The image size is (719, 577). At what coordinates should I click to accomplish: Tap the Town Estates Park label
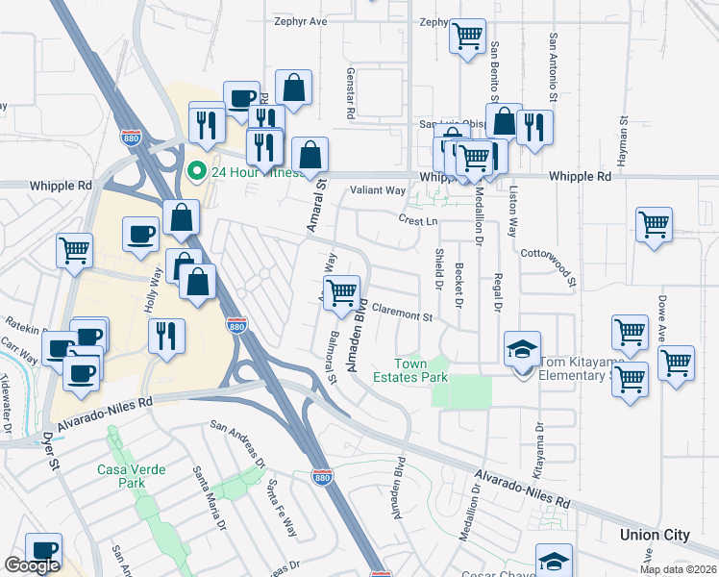coord(422,370)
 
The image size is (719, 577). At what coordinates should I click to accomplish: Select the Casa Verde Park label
coord(131,476)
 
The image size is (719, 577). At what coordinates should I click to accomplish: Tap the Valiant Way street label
coord(378,190)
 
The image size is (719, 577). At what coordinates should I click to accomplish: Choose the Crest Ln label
coord(418,220)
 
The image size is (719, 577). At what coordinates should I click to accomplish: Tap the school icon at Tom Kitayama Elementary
coord(522,348)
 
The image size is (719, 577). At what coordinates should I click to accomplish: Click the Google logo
coord(32,565)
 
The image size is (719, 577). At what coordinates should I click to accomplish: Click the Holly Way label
coord(152,288)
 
